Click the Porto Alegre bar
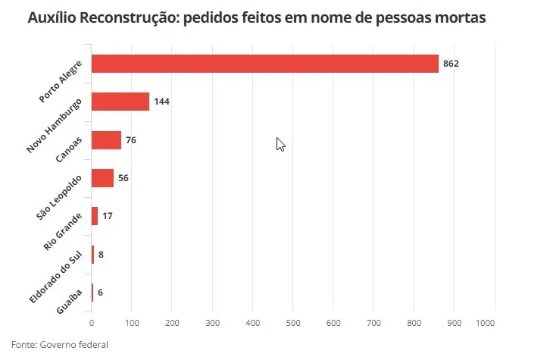click(265, 64)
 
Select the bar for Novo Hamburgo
click(120, 102)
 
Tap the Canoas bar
click(106, 140)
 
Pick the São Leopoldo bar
click(102, 178)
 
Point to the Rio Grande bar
click(95, 216)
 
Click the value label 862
click(452, 64)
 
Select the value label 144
click(161, 102)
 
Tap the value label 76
click(131, 140)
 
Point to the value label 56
click(123, 178)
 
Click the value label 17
click(108, 216)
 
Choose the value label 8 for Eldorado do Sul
click(101, 255)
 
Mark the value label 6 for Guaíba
click(100, 293)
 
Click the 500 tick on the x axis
click(293, 324)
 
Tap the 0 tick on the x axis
click(92, 324)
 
